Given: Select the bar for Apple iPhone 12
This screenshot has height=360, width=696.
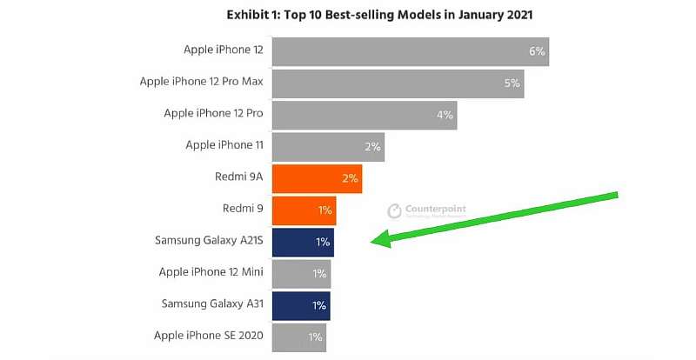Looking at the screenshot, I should tap(409, 51).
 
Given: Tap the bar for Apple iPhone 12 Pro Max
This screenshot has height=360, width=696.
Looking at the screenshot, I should tap(397, 83).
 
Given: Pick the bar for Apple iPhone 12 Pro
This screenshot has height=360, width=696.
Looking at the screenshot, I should tap(364, 115).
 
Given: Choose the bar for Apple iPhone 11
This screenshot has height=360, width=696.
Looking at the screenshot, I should tap(327, 147).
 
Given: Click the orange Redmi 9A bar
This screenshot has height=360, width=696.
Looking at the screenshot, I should tap(317, 178).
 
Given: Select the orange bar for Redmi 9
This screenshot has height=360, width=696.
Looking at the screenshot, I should tap(303, 210).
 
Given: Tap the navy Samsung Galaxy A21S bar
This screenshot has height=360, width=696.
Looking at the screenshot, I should tap(302, 242).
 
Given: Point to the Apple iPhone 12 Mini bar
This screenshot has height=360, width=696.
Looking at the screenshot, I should tap(300, 274).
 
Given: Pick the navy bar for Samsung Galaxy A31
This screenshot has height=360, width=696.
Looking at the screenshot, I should tap(300, 305).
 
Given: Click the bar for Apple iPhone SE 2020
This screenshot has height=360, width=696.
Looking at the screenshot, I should tap(298, 337).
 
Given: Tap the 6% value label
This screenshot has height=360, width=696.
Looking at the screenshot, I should tap(537, 51).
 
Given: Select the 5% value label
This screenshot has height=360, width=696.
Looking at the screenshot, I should tap(512, 83).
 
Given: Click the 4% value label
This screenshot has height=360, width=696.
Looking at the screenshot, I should tap(445, 115).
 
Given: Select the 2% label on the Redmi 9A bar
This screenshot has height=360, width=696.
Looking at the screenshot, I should tap(350, 178).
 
